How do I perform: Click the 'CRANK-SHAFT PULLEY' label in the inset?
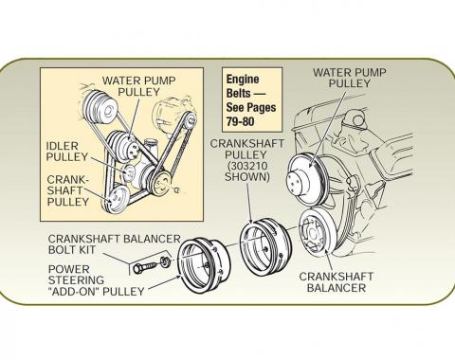tap(69, 189)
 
